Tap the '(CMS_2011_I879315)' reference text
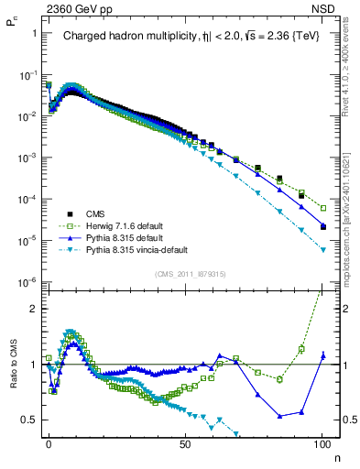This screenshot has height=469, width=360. pyautogui.click(x=186, y=274)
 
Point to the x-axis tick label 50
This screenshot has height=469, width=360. pyautogui.click(x=185, y=442)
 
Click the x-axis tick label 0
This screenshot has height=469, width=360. pyautogui.click(x=49, y=442)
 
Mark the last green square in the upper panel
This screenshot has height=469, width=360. pyautogui.click(x=323, y=208)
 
